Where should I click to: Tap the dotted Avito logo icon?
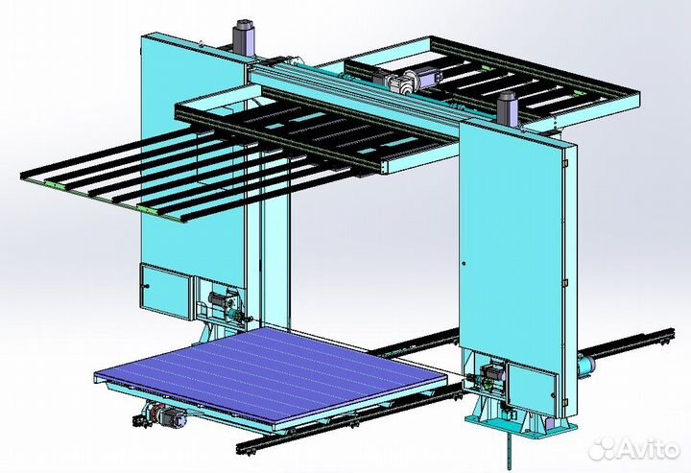[604, 448]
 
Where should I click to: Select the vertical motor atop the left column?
[244, 37]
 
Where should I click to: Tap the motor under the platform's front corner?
[158, 416]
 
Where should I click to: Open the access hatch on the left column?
[166, 291]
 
